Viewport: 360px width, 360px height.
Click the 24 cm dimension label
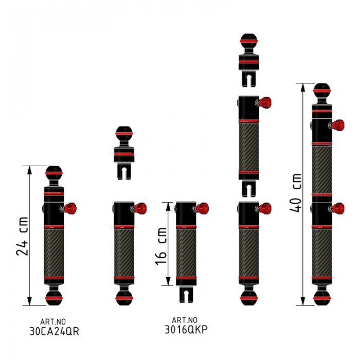(x=22, y=236)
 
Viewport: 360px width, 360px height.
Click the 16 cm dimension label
(x=160, y=246)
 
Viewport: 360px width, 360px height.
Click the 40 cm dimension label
(x=295, y=193)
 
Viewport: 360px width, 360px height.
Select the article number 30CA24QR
(x=54, y=331)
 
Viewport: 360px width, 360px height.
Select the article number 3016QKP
(x=186, y=330)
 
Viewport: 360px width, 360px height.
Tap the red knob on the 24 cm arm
(x=70, y=208)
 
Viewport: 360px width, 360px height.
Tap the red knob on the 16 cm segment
(x=202, y=208)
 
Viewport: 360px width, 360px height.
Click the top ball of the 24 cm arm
(x=53, y=173)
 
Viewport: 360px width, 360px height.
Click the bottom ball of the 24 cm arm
(x=53, y=298)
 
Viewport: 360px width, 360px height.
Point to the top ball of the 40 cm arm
(x=322, y=91)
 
